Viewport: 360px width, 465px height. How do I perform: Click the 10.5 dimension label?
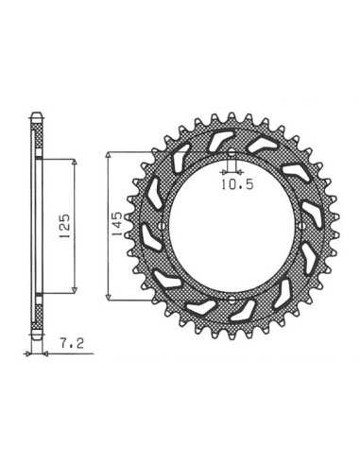[x=237, y=184]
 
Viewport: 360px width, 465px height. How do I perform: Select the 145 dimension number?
[x=116, y=224]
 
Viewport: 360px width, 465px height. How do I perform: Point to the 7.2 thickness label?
[x=72, y=343]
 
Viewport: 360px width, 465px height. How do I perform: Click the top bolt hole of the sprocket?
[x=231, y=155]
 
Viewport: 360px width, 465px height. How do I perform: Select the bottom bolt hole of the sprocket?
[x=231, y=299]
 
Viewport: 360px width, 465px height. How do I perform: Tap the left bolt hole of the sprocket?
[x=162, y=226]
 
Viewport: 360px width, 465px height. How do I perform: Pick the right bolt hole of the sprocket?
[x=300, y=226]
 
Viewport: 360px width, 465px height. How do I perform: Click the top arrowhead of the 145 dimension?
[x=109, y=155]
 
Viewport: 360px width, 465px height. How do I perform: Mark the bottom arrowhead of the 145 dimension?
[x=109, y=297]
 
